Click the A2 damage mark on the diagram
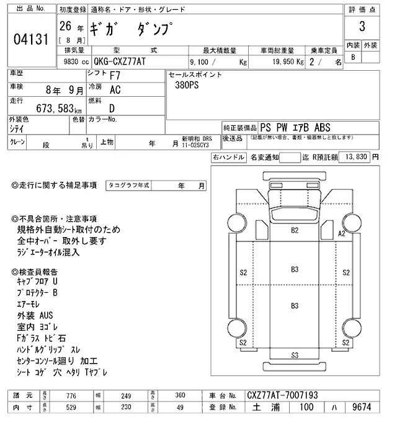[341, 233]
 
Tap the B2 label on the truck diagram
[295, 230]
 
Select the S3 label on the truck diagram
[295, 355]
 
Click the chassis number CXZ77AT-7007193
[282, 395]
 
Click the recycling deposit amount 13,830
[354, 158]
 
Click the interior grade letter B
[354, 57]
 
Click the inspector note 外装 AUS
[35, 316]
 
